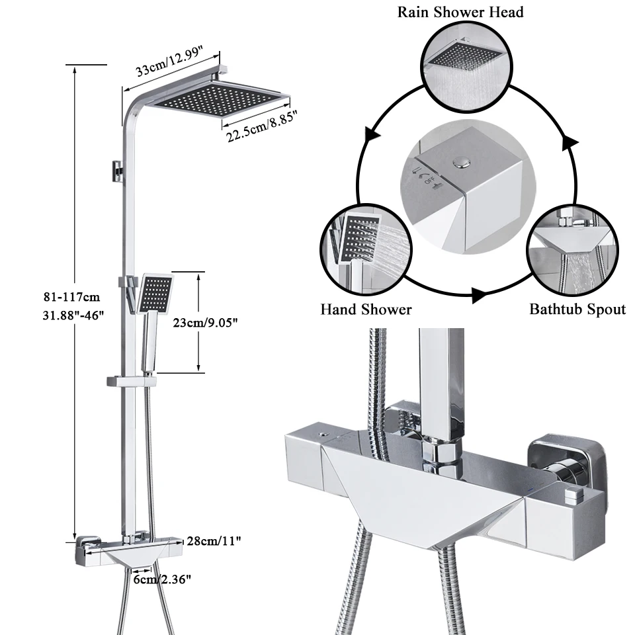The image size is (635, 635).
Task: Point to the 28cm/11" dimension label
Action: [212, 541]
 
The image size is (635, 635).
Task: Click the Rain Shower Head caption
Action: [460, 11]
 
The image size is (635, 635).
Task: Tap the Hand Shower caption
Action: [366, 309]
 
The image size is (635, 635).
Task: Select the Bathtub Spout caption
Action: [577, 309]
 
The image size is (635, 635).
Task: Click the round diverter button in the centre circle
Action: [459, 159]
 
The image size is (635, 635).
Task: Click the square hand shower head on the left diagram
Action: [157, 294]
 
